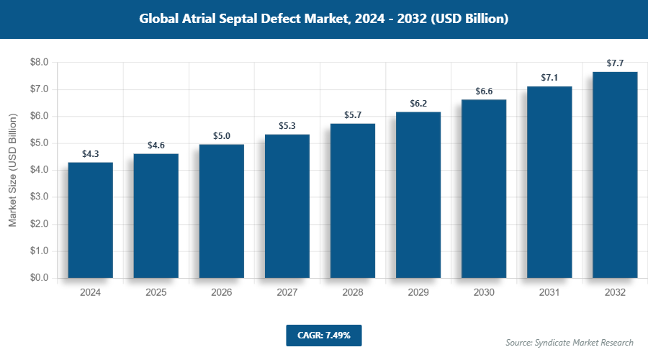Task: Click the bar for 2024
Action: (90, 220)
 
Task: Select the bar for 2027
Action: (287, 206)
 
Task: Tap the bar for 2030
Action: (484, 189)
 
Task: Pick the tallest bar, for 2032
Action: (615, 174)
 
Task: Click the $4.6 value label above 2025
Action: (156, 145)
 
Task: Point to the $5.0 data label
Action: (222, 136)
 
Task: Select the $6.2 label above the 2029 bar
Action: (418, 104)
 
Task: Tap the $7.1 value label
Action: (549, 78)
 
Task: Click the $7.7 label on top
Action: (615, 63)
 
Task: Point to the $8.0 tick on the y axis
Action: (38, 63)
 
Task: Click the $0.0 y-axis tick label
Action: (38, 278)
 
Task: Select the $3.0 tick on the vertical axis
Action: (38, 197)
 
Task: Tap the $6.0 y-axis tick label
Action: (38, 117)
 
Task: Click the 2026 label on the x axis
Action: (222, 293)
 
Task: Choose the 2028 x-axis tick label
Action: (353, 293)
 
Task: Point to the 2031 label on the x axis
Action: (549, 293)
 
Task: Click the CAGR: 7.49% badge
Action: (323, 335)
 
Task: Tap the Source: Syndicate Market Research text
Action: (570, 342)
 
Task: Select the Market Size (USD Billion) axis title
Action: (13, 170)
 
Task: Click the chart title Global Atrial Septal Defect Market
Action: (324, 19)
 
